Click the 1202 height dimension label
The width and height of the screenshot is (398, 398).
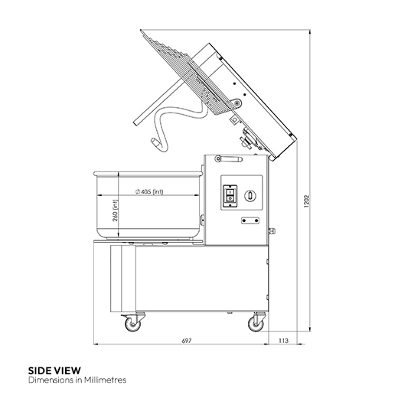point(307,201)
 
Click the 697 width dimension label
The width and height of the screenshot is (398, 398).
point(187,341)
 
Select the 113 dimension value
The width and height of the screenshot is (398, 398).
point(283,341)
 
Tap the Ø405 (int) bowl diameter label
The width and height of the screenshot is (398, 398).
point(149,192)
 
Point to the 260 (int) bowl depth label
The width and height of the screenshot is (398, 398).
point(116,210)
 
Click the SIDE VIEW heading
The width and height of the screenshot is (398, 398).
point(54,370)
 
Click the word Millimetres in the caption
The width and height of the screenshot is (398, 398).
point(106,380)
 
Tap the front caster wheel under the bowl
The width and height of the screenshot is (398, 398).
point(132,325)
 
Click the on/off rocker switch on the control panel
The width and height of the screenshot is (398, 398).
point(230,196)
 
